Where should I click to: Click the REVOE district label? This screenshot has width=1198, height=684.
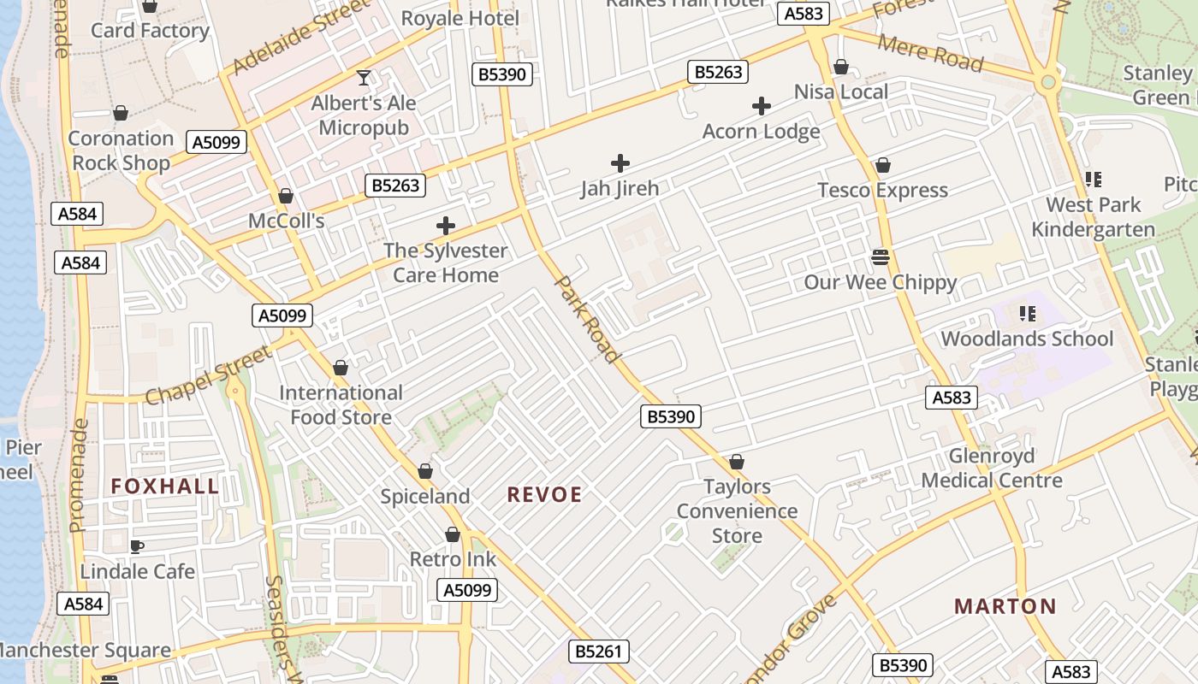click(x=544, y=494)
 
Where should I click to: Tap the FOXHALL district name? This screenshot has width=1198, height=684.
click(x=164, y=486)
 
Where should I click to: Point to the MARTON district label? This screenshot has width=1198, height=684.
click(x=1005, y=606)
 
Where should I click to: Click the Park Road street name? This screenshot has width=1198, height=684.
click(x=588, y=318)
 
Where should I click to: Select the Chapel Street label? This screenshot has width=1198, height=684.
click(x=208, y=375)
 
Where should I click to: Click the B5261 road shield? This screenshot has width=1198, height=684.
click(x=599, y=652)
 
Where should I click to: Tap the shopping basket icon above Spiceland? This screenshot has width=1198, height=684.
click(x=425, y=471)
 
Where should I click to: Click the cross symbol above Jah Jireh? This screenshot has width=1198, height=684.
click(x=620, y=162)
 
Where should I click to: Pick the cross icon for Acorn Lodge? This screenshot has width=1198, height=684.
click(x=761, y=106)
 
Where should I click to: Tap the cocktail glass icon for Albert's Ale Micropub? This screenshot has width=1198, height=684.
click(x=364, y=78)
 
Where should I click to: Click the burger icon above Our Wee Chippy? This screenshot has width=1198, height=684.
click(x=881, y=256)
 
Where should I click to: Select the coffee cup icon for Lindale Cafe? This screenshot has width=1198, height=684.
click(x=137, y=546)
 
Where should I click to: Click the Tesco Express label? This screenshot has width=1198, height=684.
click(x=882, y=190)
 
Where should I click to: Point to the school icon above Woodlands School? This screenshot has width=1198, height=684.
click(x=1027, y=314)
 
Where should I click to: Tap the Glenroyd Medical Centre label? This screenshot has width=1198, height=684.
click(x=992, y=468)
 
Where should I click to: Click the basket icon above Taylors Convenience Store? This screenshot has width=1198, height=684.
click(x=737, y=462)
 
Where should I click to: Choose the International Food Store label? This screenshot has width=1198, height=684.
click(x=341, y=404)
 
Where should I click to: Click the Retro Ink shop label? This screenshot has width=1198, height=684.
click(x=453, y=559)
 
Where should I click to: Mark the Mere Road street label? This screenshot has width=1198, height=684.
click(x=930, y=54)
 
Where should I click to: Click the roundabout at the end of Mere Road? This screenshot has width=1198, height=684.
click(x=1047, y=83)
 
